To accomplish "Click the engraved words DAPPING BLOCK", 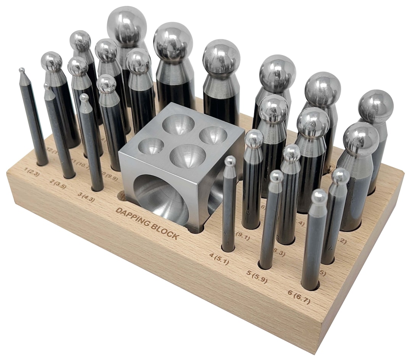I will (x=147, y=223).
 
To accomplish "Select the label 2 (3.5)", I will (x=58, y=184).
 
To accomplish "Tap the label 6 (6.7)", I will (x=299, y=297).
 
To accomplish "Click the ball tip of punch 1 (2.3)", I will (x=22, y=71).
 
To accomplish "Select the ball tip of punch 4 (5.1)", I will (x=230, y=161).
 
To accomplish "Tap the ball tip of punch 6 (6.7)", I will (x=319, y=196).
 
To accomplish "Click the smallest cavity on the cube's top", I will (x=151, y=146).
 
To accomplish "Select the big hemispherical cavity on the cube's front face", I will (x=162, y=199).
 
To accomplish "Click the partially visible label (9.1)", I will (x=243, y=237).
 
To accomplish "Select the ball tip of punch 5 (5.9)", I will (x=276, y=176).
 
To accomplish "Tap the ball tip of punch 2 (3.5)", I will (x=47, y=86).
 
